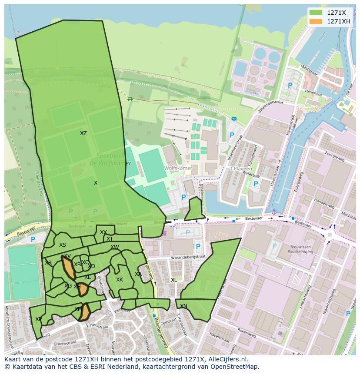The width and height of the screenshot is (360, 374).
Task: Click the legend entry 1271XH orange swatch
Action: point(316,21)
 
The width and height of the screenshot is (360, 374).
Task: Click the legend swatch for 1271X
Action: point(316,13)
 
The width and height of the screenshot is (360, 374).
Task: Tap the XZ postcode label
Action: point(83,133)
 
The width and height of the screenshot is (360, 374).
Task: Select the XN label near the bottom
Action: point(183,306)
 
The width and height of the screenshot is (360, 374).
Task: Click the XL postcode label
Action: point(174,280)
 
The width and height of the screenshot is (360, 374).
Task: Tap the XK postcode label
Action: point(120,280)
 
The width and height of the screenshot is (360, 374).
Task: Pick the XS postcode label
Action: point(63,245)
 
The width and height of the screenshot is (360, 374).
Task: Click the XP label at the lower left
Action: point(38,319)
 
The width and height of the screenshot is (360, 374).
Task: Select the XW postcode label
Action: point(114,247)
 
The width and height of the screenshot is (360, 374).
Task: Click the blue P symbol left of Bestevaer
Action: point(33,239)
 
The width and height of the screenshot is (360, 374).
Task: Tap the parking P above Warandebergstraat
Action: point(198,246)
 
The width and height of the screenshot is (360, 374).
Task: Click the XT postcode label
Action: point(110,239)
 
